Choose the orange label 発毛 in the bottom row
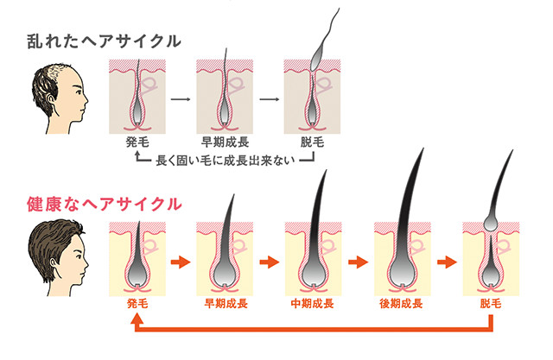(138, 303)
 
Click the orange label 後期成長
(401, 303)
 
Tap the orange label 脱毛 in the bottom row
(491, 303)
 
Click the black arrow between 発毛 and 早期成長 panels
(181, 98)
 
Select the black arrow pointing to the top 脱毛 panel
(269, 98)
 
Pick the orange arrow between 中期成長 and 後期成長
(357, 259)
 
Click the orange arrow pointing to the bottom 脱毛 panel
(447, 259)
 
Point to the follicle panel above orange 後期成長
(401, 257)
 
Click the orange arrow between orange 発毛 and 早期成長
(181, 259)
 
